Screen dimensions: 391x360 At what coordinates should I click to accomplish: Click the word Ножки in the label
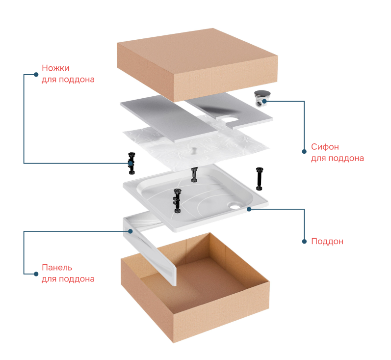pyautogui.click(x=55, y=68)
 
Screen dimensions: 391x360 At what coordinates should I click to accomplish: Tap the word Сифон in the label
pyautogui.click(x=325, y=147)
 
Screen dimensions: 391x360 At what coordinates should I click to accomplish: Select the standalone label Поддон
pyautogui.click(x=327, y=241)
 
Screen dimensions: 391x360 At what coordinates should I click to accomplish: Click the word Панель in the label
pyautogui.click(x=57, y=267)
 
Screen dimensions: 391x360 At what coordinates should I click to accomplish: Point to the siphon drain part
pyautogui.click(x=262, y=98)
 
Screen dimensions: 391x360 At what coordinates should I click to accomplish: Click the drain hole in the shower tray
pyautogui.click(x=235, y=206)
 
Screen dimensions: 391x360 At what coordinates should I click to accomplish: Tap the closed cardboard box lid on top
pyautogui.click(x=197, y=65)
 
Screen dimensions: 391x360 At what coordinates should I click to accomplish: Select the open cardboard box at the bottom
pyautogui.click(x=195, y=287)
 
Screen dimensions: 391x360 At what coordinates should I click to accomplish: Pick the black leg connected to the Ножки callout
pyautogui.click(x=131, y=163)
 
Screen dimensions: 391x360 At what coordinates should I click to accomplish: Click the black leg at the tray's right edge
pyautogui.click(x=260, y=179)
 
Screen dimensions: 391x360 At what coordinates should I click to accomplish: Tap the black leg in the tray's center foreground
pyautogui.click(x=177, y=201)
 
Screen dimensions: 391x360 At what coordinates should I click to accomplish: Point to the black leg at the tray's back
pyautogui.click(x=194, y=174)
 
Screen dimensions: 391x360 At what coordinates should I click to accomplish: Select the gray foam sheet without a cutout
pyautogui.click(x=169, y=118)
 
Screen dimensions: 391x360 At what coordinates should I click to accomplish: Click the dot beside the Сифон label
pyautogui.click(x=304, y=152)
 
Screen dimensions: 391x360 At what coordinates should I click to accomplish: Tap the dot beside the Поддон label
pyautogui.click(x=304, y=242)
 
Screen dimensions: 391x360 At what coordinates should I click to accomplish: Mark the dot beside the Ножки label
pyautogui.click(x=36, y=74)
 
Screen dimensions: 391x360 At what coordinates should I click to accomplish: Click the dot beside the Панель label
pyautogui.click(x=36, y=274)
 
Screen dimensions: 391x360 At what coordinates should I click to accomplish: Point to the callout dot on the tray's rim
pyautogui.click(x=249, y=209)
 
